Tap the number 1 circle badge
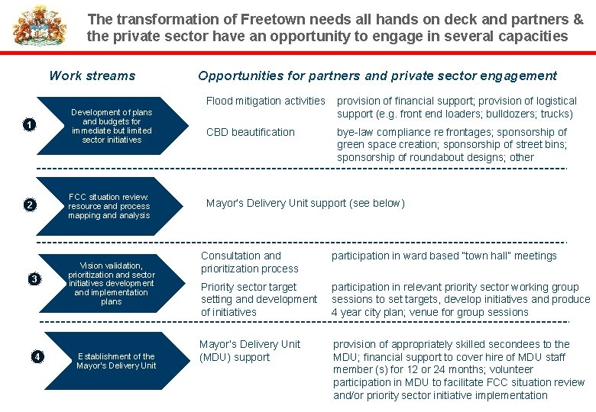click(x=29, y=125)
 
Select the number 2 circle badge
click(x=29, y=204)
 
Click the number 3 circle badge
click(x=34, y=279)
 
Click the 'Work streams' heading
click(x=92, y=76)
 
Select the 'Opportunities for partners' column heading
click(x=377, y=76)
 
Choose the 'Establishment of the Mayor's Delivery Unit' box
click(x=115, y=361)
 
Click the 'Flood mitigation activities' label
click(x=266, y=101)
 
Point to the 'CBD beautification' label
click(x=251, y=132)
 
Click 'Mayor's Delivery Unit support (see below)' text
click(x=306, y=203)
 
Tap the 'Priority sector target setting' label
click(x=259, y=299)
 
